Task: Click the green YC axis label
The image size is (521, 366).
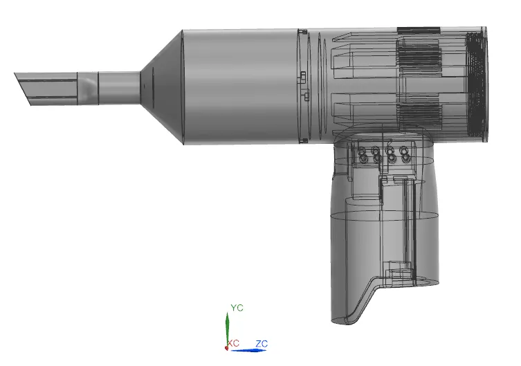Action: point(237,308)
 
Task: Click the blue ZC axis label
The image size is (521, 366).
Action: point(262,344)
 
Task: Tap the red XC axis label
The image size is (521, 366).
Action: point(234,343)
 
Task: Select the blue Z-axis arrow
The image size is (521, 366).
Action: point(248,350)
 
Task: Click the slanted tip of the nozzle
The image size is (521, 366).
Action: point(23,89)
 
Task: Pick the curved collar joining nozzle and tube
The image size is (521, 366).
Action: point(88,88)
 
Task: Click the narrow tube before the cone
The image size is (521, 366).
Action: point(119,88)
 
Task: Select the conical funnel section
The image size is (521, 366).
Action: point(161,87)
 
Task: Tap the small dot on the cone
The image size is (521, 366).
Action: point(144,86)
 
